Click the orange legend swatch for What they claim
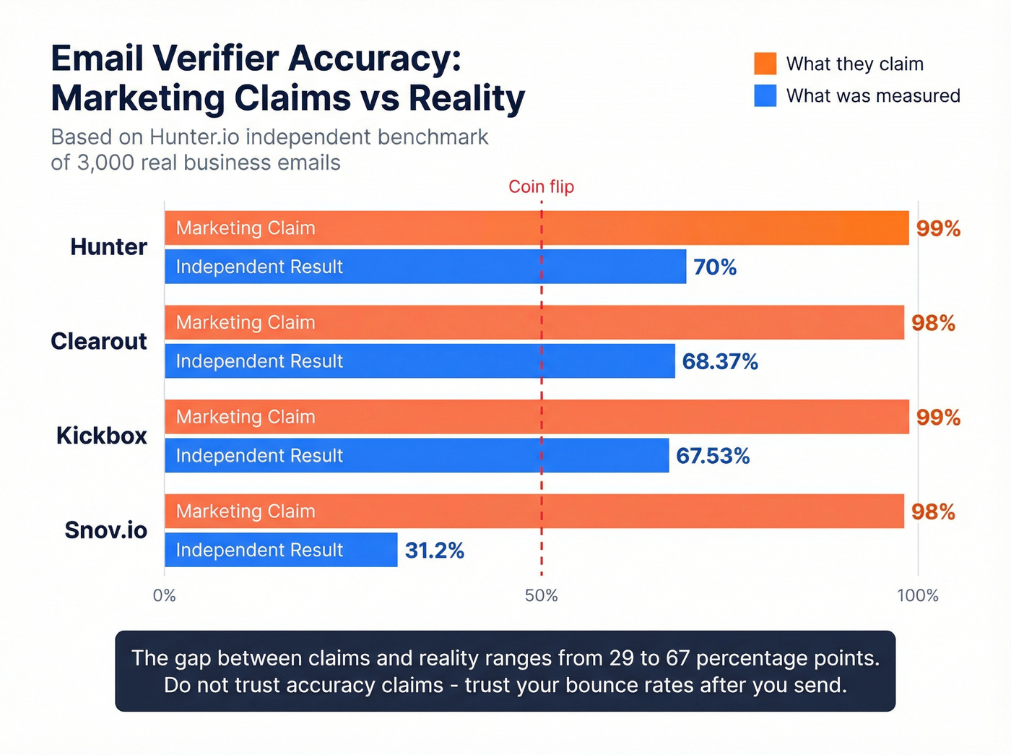[765, 64]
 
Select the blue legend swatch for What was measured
[765, 95]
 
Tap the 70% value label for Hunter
[715, 267]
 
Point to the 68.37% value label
[720, 361]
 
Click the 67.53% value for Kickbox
[713, 456]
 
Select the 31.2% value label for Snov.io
[434, 551]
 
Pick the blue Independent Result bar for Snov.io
[281, 550]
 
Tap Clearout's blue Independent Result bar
[420, 361]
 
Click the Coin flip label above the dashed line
[541, 186]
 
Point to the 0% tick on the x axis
[165, 595]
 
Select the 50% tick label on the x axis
[541, 595]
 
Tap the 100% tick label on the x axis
[917, 595]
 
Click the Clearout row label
[99, 341]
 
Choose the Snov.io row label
[105, 530]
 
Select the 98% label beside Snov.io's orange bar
[933, 512]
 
